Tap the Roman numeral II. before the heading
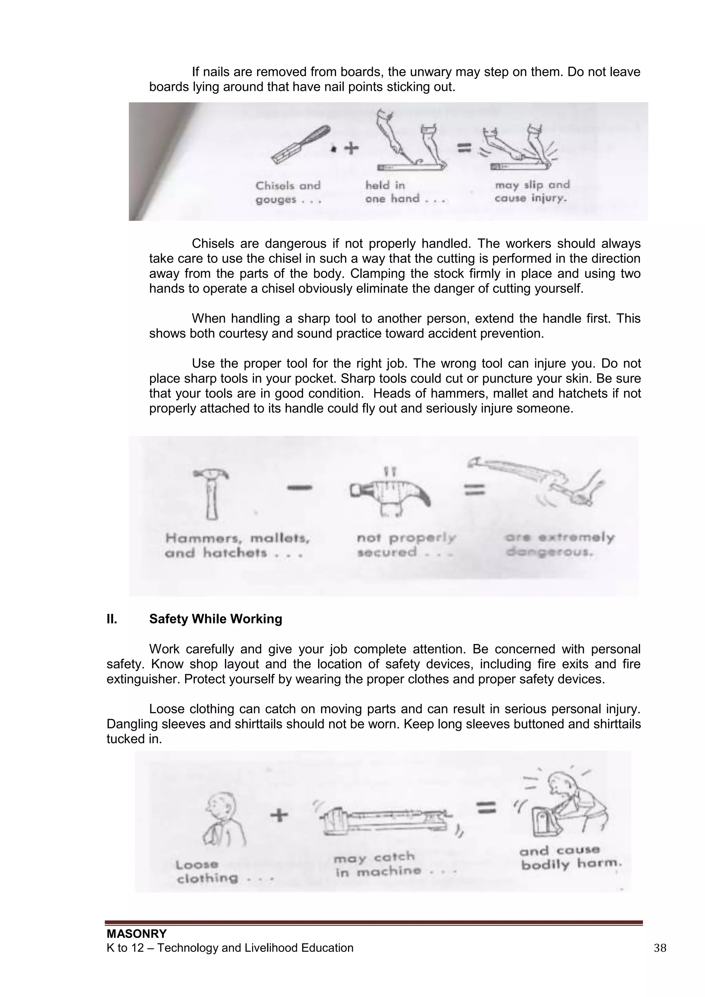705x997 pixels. [112, 619]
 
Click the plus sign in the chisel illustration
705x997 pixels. [351, 148]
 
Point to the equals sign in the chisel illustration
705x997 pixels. [464, 148]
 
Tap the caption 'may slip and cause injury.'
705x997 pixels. [532, 191]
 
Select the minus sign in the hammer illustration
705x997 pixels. [299, 488]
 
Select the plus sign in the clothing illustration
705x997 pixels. [279, 815]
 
